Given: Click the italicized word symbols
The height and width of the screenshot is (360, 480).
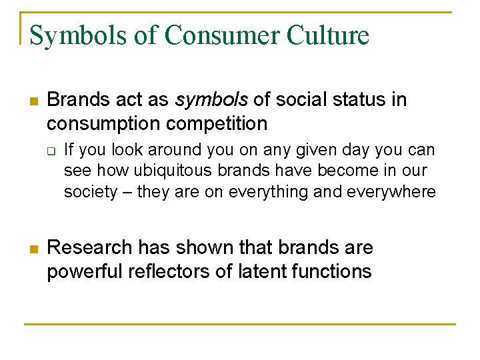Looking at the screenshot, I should (x=211, y=100).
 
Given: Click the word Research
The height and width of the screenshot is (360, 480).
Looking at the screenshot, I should (x=90, y=248).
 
